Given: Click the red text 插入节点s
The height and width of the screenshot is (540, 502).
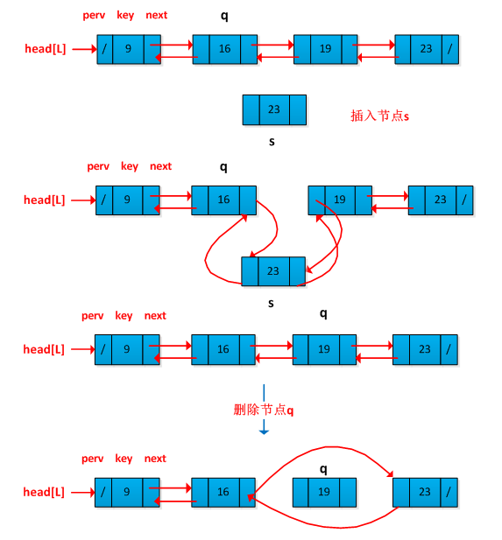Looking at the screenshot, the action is pyautogui.click(x=379, y=116).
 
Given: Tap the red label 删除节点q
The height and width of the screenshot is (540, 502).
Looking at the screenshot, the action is pyautogui.click(x=264, y=410).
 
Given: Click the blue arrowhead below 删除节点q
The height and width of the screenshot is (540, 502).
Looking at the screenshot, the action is pyautogui.click(x=264, y=431).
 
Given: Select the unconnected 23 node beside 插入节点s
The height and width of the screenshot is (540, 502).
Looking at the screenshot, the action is pyautogui.click(x=274, y=109).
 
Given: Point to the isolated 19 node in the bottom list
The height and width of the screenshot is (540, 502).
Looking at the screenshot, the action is pyautogui.click(x=324, y=492).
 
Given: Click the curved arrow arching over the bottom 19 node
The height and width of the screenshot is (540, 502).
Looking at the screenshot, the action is pyautogui.click(x=331, y=447).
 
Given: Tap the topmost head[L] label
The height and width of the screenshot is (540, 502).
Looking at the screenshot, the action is pyautogui.click(x=46, y=49).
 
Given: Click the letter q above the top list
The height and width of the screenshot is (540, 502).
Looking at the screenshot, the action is pyautogui.click(x=224, y=16).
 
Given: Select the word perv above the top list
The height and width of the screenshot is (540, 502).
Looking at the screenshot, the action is pyautogui.click(x=94, y=16).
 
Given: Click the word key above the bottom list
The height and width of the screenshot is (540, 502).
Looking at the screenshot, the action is pyautogui.click(x=124, y=459).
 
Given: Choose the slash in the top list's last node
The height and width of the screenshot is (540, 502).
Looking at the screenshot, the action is pyautogui.click(x=450, y=49).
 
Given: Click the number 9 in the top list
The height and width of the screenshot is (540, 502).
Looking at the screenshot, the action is pyautogui.click(x=128, y=48).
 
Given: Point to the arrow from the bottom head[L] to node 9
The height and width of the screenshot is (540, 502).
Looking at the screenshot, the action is pyautogui.click(x=83, y=492).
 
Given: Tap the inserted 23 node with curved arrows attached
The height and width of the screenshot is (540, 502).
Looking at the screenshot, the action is pyautogui.click(x=273, y=271).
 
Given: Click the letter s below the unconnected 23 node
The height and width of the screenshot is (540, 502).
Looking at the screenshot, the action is pyautogui.click(x=272, y=141).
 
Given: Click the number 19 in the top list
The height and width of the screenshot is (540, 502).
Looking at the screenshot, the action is pyautogui.click(x=326, y=48).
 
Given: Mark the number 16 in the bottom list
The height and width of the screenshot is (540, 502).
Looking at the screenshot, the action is pyautogui.click(x=223, y=492).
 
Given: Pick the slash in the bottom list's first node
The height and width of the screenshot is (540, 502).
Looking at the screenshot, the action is pyautogui.click(x=103, y=492).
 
